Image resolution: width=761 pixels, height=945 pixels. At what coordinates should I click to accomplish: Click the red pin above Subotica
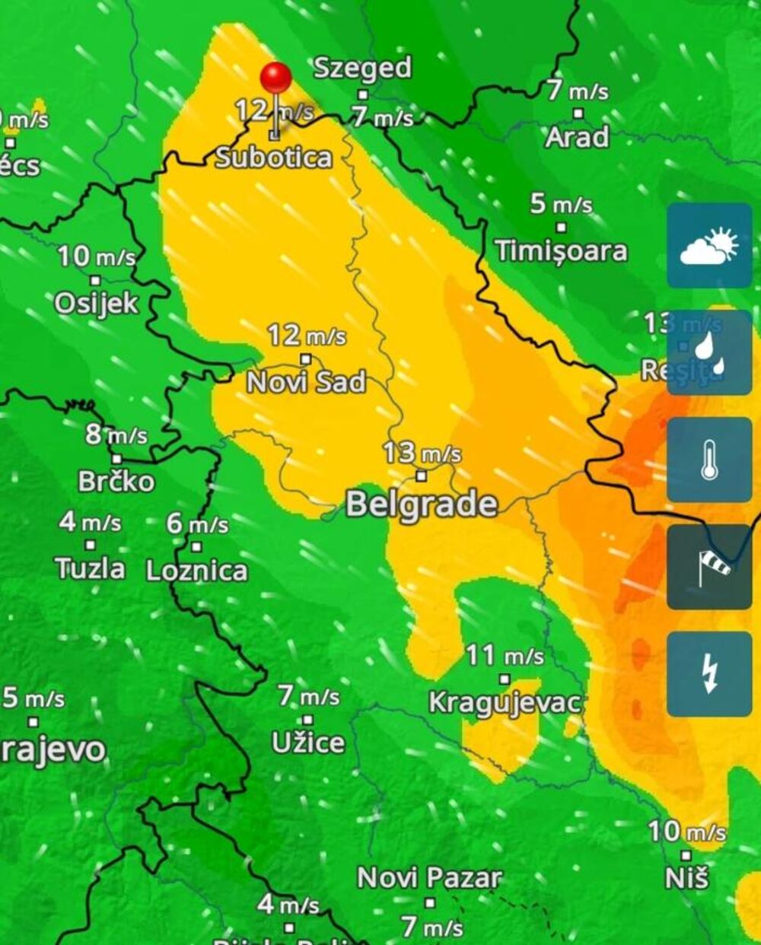coord(275,78)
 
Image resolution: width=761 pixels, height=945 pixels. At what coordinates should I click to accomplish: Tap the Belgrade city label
coord(422,504)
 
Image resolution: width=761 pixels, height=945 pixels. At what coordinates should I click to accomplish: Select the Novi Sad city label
coord(307,381)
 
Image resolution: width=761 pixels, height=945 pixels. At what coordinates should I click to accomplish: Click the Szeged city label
coord(362,68)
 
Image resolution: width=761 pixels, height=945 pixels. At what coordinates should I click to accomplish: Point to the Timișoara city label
coord(561,250)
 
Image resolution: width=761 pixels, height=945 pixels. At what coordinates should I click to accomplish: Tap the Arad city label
coord(577,137)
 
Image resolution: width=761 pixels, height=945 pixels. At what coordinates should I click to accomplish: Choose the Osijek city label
coord(97,303)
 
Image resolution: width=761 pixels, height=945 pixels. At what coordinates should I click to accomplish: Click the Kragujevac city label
coord(505,702)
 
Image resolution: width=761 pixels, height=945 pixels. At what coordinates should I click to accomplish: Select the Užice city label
coord(308,742)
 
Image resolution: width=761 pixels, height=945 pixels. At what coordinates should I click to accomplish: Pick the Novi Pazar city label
coord(430,877)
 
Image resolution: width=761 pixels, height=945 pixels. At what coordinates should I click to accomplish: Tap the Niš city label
coord(686,877)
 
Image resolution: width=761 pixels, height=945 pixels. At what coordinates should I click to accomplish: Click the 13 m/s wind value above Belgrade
coord(422,453)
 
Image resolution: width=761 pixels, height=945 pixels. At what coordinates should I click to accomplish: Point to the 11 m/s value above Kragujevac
coord(505,654)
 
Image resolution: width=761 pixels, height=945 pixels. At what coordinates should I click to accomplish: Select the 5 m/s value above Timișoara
coord(561,203)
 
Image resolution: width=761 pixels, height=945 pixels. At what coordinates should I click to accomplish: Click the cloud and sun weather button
coord(709,245)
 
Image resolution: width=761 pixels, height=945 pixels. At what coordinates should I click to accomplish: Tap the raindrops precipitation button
coord(709,352)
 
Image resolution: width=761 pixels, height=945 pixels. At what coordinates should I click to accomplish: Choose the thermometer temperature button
coord(709,460)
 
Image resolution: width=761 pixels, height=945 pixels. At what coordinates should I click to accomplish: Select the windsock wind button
coord(709,567)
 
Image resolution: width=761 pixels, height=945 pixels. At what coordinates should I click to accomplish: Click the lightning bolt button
coord(709,674)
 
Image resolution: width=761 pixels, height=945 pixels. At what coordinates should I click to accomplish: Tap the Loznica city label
coord(197,571)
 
